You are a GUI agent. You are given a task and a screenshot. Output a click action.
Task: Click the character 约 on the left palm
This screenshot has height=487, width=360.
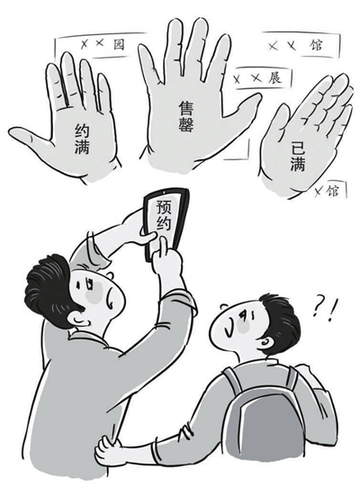tap(82, 131)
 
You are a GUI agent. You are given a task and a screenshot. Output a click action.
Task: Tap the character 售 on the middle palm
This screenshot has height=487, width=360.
tap(185, 108)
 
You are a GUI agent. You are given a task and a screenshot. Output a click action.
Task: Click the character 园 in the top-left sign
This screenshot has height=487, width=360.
tap(118, 44)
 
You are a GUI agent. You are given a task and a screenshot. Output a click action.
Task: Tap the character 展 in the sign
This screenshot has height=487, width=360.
tap(274, 77)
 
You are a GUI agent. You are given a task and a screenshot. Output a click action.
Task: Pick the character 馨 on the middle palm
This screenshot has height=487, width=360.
tap(186, 124)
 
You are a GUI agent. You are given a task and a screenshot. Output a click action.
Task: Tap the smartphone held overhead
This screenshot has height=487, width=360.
tap(166, 222)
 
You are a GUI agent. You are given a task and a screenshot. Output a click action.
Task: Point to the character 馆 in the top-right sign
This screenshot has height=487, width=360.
tap(317, 45)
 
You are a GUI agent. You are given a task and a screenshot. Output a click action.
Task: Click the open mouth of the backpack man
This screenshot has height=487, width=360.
tap(229, 330)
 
